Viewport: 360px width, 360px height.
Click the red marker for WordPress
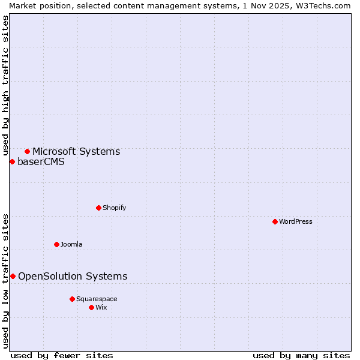pos(275,221)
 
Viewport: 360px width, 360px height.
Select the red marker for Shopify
pos(98,208)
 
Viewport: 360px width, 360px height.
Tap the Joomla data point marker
pos(56,244)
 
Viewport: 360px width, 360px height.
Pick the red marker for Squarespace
pos(72,299)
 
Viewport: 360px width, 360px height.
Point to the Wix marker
pos(91,307)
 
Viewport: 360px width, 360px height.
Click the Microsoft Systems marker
pos(27,151)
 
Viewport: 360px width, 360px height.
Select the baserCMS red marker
pos(12,161)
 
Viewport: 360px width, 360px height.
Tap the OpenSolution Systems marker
pos(13,276)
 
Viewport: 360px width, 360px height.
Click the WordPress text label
pos(296,221)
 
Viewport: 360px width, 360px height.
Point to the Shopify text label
pos(115,208)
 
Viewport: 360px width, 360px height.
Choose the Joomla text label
pos(71,244)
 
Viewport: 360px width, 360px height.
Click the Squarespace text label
pos(97,299)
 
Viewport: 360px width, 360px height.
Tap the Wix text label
pos(101,307)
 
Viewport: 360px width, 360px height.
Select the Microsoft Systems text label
pos(76,151)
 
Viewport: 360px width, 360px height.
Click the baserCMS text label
pos(41,161)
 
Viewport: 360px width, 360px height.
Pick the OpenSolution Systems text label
pos(73,276)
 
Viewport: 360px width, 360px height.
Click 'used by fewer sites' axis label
pos(62,355)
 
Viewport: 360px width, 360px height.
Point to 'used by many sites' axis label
pos(301,355)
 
